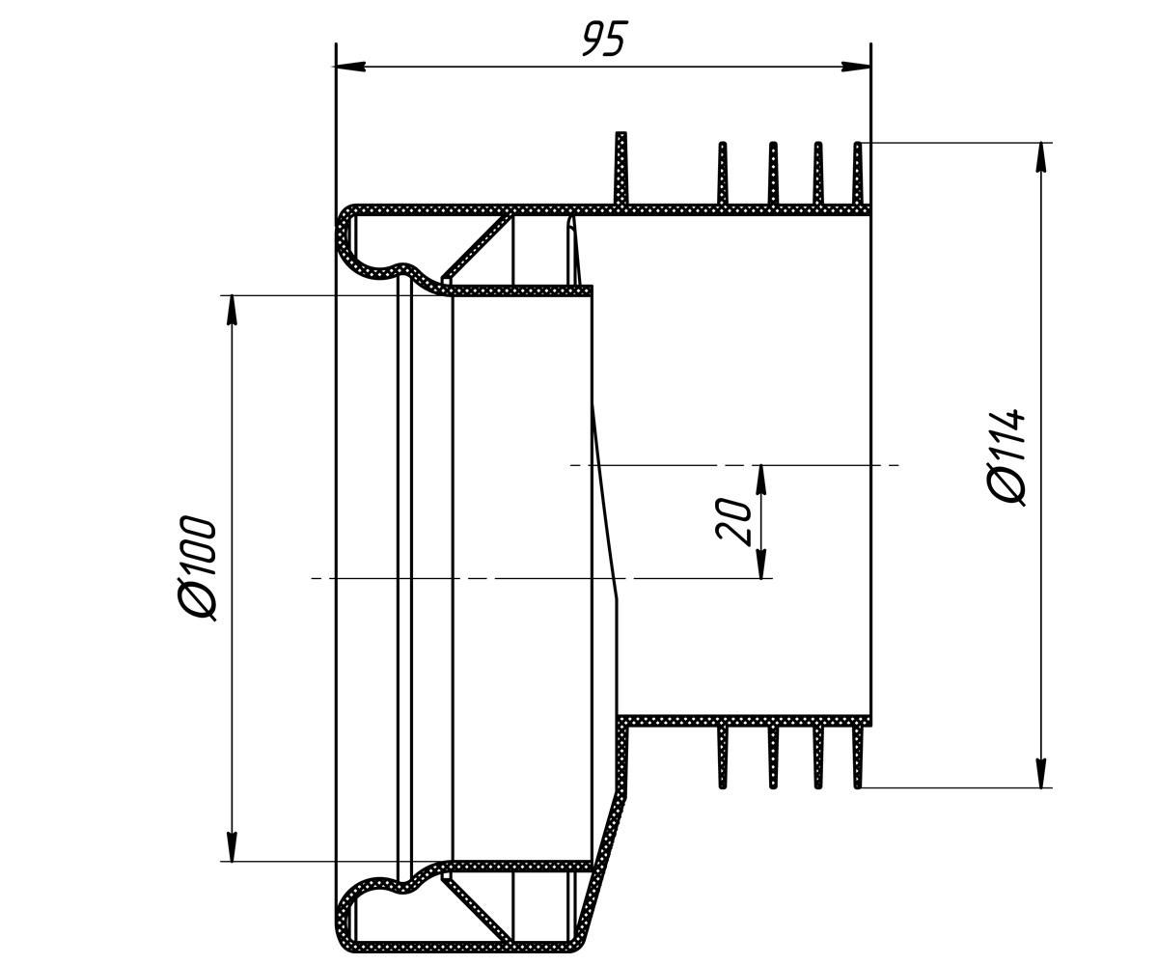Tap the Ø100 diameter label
tap(195, 568)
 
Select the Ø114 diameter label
tap(1006, 458)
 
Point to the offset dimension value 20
tap(733, 519)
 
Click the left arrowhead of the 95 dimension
tap(350, 67)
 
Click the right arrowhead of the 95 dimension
tap(856, 67)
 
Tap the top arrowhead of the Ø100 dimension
tap(233, 311)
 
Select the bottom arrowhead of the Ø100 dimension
tap(233, 847)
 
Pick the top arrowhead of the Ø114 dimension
tap(1041, 158)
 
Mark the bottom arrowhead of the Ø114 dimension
tap(1041, 773)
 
